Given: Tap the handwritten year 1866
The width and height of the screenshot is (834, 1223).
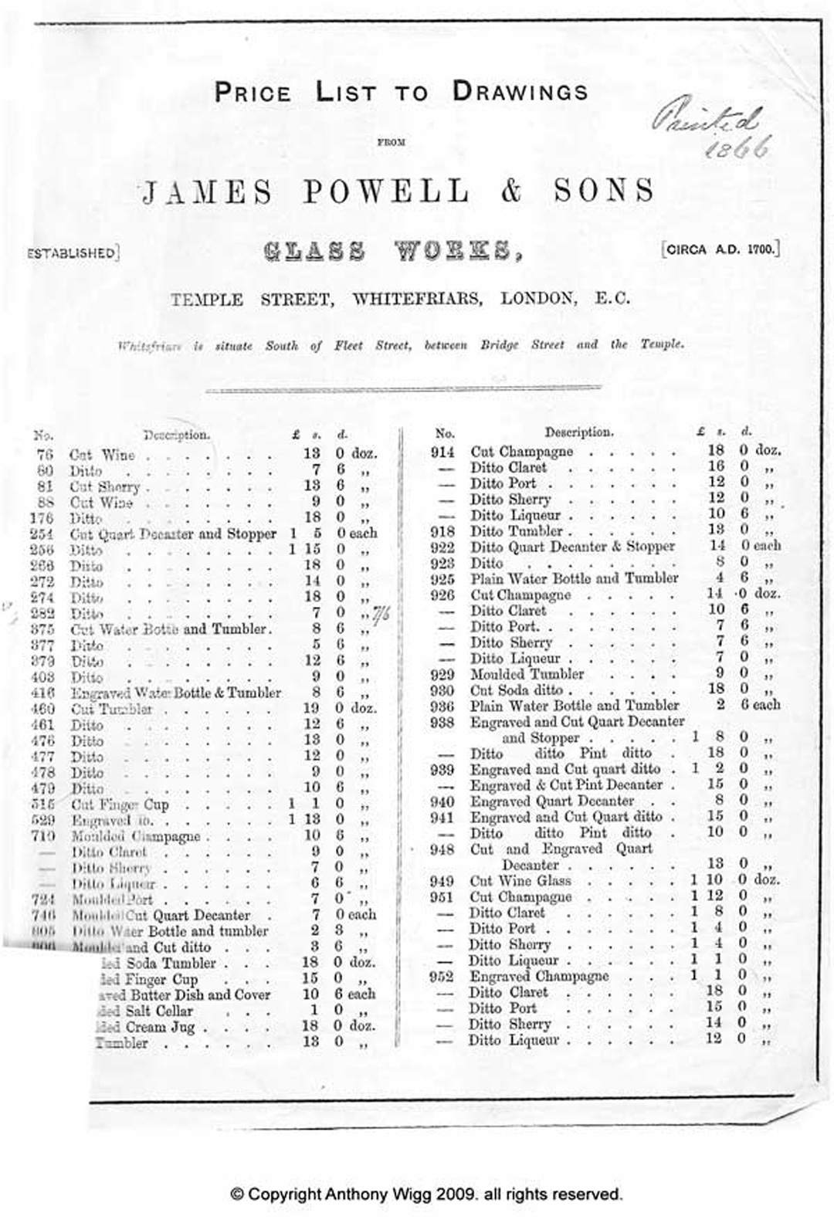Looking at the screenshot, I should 739,147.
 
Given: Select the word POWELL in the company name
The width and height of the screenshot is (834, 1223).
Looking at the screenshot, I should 386,191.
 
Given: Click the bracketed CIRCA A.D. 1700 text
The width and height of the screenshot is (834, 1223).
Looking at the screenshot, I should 720,249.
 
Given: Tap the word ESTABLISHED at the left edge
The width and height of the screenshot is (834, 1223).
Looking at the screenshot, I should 72,252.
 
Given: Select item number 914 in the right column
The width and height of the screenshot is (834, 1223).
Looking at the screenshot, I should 442,452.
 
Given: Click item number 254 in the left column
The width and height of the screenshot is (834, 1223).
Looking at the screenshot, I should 42,534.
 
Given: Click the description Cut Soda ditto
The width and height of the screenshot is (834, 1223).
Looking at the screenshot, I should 517,690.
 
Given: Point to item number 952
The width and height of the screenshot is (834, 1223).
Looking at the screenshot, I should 442,977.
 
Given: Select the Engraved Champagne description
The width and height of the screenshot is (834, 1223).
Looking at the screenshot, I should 540,976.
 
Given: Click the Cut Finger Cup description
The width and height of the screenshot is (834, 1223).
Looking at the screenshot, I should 120,805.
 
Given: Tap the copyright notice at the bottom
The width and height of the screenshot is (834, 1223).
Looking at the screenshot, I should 426,1194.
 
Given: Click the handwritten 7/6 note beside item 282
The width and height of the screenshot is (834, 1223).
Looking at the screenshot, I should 381,614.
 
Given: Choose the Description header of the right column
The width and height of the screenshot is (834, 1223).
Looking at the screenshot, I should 578,432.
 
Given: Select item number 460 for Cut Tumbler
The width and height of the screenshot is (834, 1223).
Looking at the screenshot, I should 42,709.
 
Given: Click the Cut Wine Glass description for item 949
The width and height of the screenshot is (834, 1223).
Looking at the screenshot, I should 520,881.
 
